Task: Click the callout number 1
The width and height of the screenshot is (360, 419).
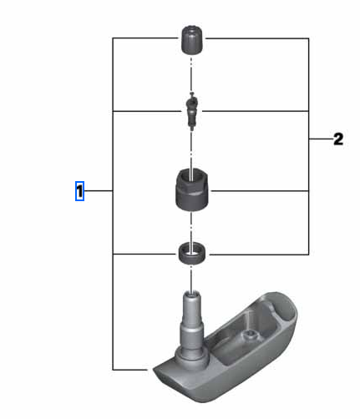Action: click(x=80, y=192)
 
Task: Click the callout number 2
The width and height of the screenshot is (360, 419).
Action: click(x=338, y=139)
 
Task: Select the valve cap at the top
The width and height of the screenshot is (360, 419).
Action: click(x=191, y=38)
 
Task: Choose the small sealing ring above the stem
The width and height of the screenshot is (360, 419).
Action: click(x=191, y=253)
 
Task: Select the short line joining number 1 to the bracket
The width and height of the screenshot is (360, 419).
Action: click(x=99, y=192)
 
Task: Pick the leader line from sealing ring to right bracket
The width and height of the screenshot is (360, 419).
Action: click(x=259, y=253)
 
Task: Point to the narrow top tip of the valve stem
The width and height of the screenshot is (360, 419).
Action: click(x=191, y=293)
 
